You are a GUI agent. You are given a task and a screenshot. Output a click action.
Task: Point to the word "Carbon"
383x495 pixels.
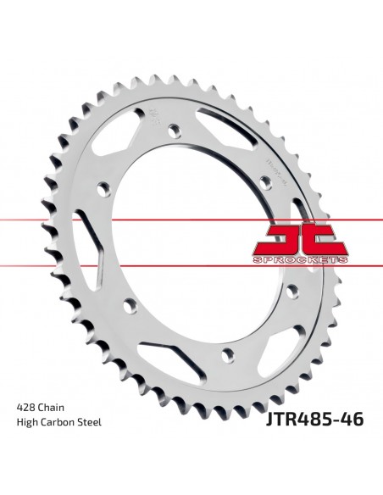[x=60, y=447]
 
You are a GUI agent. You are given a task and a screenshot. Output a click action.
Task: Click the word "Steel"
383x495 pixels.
[x=91, y=447]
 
